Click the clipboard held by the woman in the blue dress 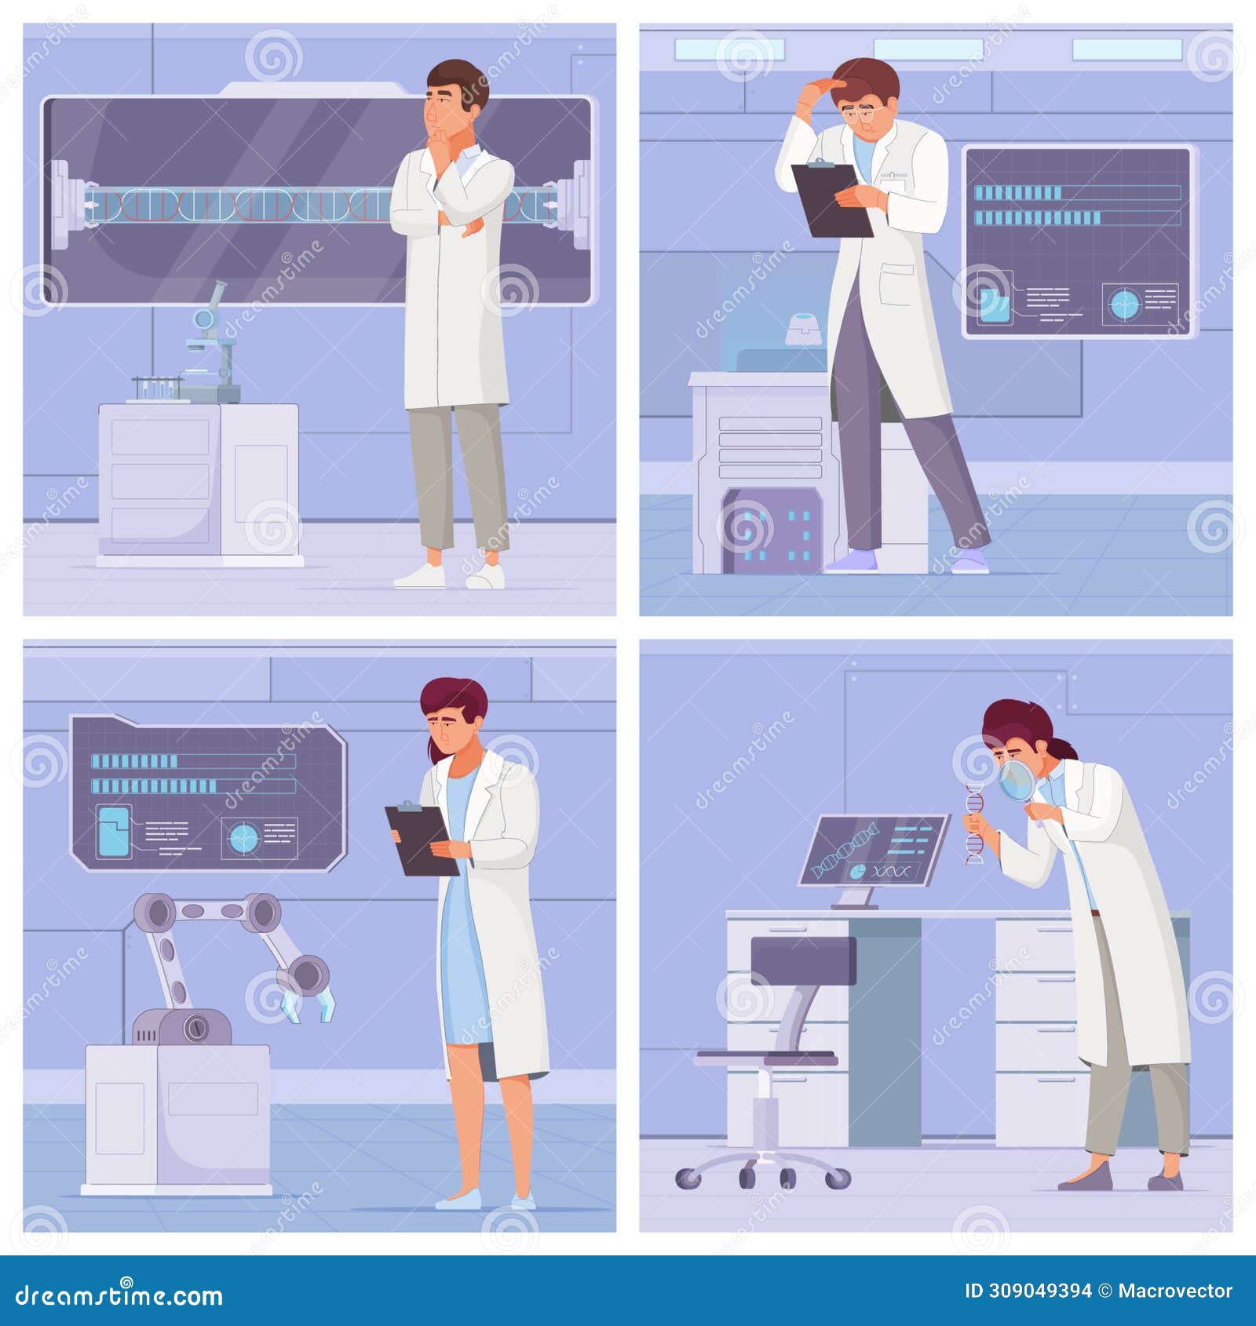tap(420, 840)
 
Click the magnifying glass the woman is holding tap(1019, 781)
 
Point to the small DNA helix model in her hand tap(973, 824)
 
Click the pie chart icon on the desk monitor tap(858, 871)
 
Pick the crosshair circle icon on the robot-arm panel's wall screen tap(243, 840)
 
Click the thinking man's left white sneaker tap(420, 577)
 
